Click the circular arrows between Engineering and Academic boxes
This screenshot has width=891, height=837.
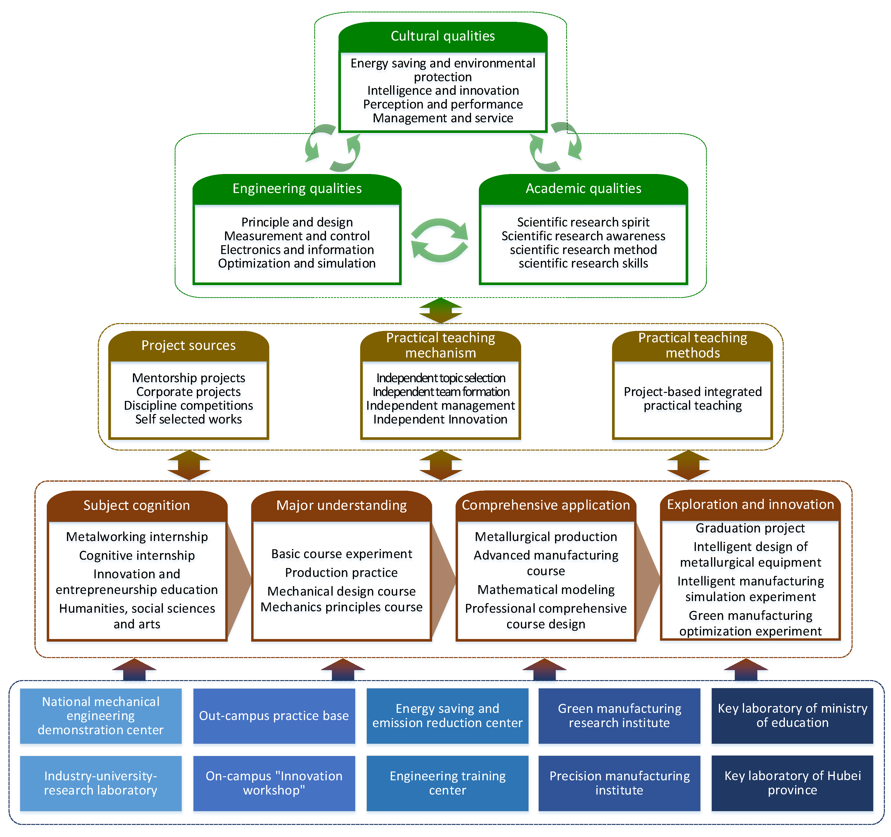(x=439, y=241)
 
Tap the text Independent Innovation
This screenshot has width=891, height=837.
(x=440, y=419)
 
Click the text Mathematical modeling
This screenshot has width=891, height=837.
(x=546, y=590)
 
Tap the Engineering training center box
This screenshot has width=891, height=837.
(x=447, y=783)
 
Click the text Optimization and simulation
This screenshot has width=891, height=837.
(x=297, y=263)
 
